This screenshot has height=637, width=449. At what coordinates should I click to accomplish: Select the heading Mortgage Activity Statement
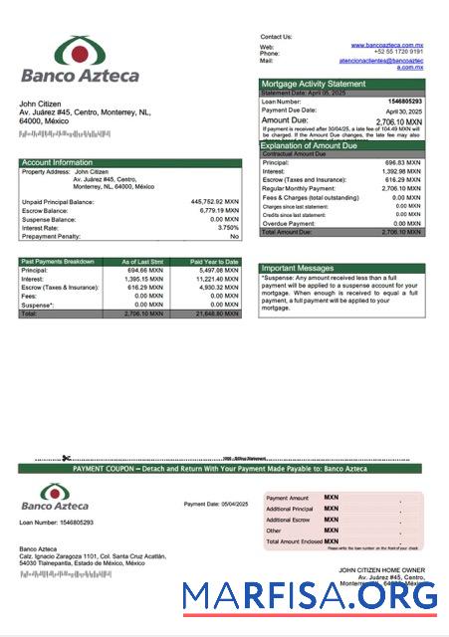[x=313, y=84]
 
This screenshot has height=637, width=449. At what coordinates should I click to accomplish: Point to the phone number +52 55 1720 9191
[x=399, y=53]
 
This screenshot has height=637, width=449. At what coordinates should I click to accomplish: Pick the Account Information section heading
[x=57, y=162]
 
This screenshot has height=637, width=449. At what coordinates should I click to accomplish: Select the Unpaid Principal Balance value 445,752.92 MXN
[x=214, y=201]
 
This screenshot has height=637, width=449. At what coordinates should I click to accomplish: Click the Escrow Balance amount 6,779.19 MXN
[x=218, y=210]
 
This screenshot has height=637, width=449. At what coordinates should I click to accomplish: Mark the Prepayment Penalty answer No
[x=234, y=236]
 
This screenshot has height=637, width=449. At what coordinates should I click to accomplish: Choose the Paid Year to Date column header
[x=214, y=262]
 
